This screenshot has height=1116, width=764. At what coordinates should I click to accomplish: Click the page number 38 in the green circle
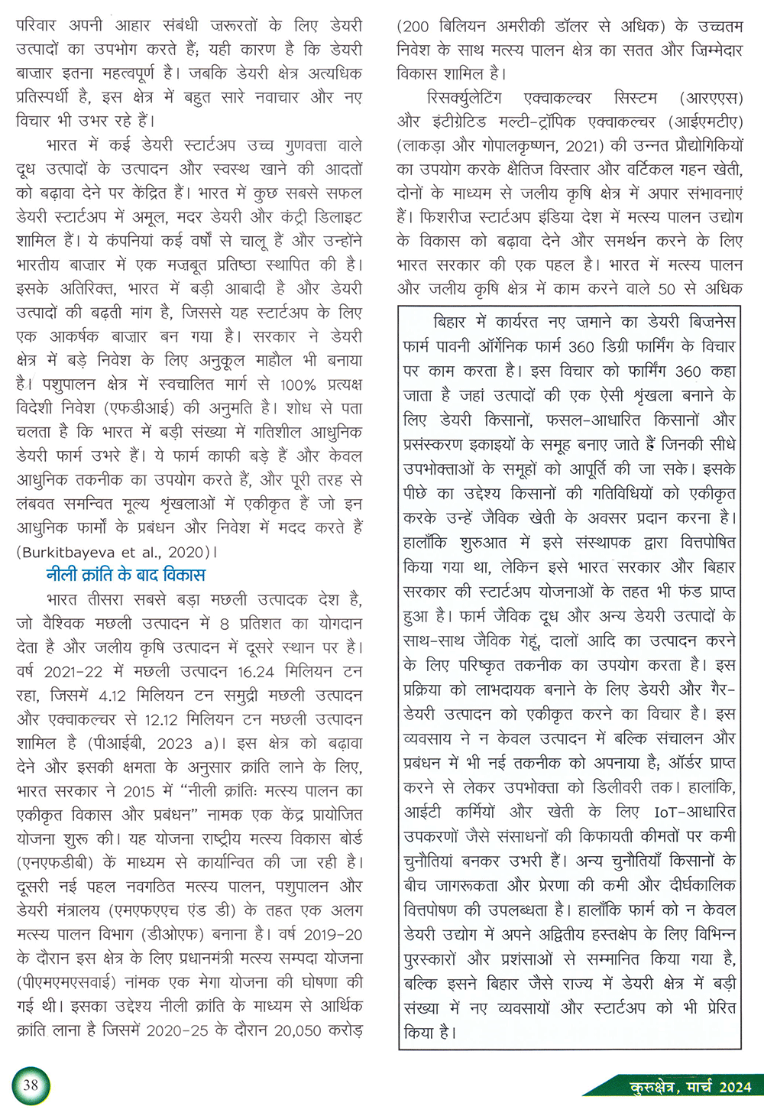31,1085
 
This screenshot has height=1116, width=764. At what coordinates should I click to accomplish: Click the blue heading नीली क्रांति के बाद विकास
125,575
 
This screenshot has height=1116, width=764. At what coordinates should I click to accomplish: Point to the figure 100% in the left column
297,384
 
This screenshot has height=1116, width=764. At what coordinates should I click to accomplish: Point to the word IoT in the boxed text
666,812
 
